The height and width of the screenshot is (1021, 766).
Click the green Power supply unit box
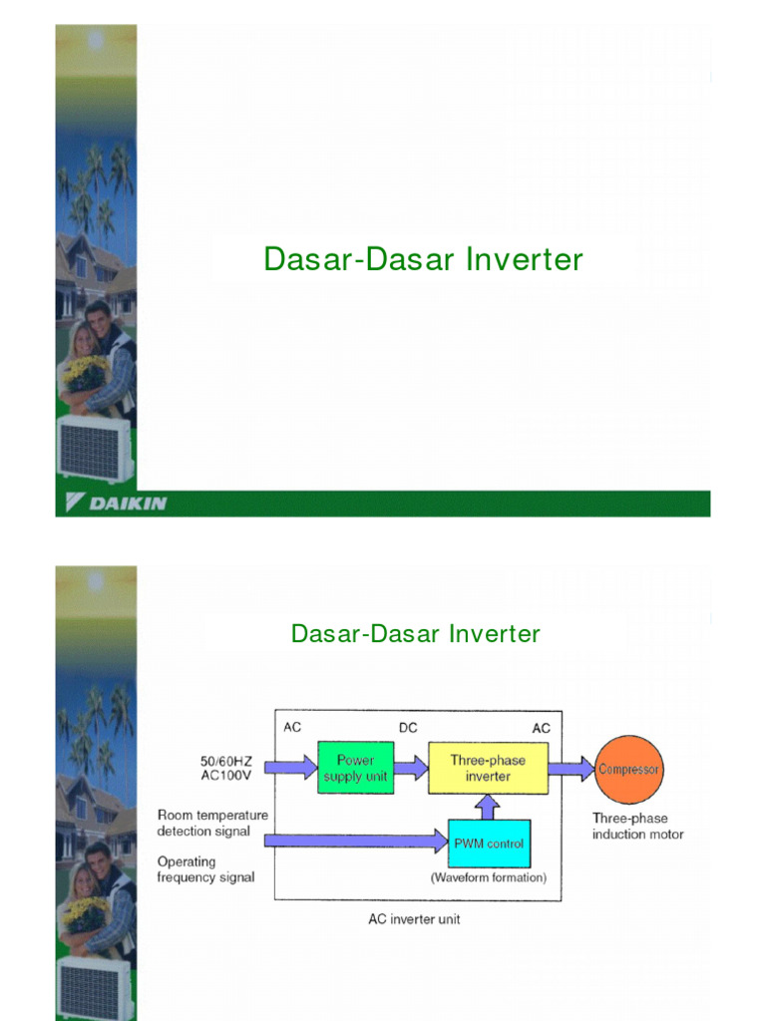coord(355,768)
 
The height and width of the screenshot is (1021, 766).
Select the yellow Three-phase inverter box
coord(488,768)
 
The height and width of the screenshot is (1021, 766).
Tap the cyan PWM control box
coord(489,844)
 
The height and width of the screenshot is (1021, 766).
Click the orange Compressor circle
coord(628,769)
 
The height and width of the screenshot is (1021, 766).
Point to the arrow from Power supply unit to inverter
coord(410,768)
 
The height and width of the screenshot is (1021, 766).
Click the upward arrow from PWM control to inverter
coord(489,807)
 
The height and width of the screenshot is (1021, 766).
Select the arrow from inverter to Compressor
coord(572,769)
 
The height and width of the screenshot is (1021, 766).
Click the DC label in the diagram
coord(408,728)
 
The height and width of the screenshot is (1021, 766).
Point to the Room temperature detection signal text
coord(212,823)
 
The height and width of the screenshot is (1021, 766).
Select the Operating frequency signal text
coord(205,869)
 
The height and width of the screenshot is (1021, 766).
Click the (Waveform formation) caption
coord(489,878)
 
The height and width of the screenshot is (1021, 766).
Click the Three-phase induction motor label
coord(637,826)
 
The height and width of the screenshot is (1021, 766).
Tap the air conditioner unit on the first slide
coord(94,448)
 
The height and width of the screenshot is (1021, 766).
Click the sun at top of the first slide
coord(96,41)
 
